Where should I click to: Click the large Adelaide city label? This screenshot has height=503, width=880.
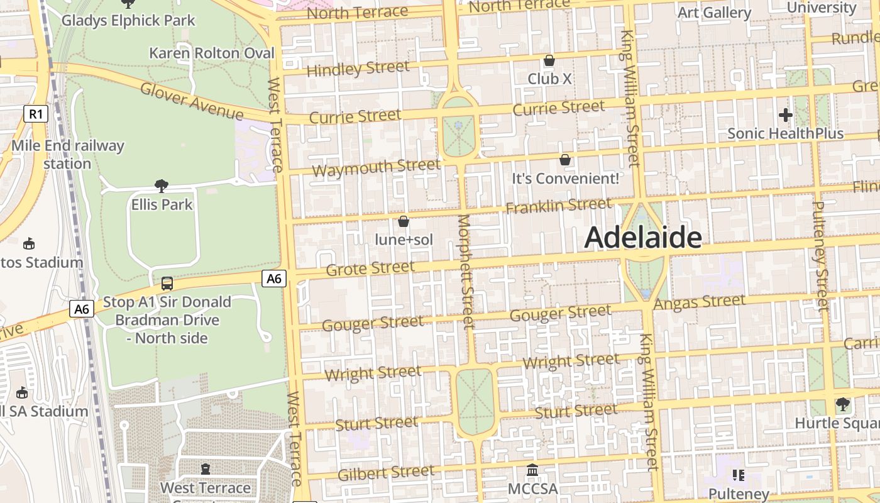643,238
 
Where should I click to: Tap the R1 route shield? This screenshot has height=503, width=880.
36,114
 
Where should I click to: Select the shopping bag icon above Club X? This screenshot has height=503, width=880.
549,60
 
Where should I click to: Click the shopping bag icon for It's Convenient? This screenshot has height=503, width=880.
565,160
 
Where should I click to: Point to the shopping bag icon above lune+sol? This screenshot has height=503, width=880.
404,221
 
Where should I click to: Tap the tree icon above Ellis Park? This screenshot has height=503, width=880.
162,185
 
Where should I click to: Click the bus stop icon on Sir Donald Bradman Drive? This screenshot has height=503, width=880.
167,283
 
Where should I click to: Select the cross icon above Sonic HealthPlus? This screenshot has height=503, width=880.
785,115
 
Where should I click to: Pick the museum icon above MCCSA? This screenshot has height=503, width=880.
532,470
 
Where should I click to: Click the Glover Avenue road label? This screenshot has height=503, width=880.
192,101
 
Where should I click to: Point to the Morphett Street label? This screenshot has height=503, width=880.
466,272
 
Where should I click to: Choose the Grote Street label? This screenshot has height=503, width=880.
370,268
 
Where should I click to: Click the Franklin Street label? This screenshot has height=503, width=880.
558,205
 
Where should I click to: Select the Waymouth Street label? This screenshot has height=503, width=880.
376,168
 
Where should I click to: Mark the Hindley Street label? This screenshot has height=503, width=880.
358,69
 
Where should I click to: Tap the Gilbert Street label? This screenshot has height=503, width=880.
385,473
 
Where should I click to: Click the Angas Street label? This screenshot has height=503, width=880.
700,302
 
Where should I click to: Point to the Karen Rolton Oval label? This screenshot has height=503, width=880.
212,53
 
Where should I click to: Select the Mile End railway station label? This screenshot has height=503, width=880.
68,155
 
